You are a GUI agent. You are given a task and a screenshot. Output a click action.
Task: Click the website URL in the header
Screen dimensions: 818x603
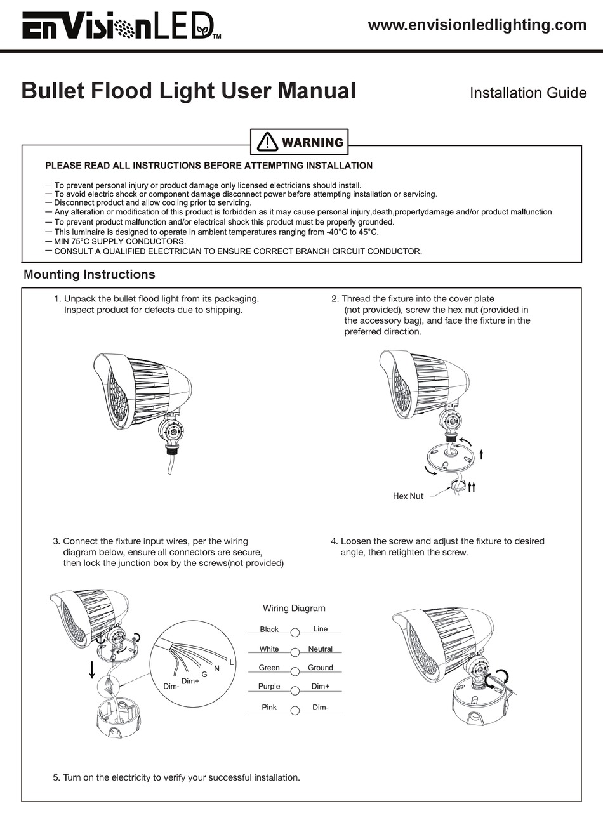point(477,25)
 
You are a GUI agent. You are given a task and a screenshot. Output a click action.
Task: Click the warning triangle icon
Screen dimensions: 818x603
point(267,142)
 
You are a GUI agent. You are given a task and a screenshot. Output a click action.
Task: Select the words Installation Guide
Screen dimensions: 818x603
point(527,93)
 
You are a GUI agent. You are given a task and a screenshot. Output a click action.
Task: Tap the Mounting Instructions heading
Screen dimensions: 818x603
point(89,275)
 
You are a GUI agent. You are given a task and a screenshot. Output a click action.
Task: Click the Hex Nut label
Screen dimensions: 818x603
point(408,496)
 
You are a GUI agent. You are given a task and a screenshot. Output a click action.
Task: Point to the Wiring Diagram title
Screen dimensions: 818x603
point(294,609)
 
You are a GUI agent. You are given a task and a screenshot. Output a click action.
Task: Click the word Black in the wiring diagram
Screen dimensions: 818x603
point(269,630)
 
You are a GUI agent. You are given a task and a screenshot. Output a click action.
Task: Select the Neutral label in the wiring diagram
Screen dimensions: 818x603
point(320,649)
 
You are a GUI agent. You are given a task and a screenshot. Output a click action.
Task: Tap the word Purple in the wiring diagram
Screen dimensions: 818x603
point(269,687)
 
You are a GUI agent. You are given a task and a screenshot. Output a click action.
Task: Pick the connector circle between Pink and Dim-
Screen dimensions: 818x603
point(295,711)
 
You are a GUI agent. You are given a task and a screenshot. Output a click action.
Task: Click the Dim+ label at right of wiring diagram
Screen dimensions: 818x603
point(320,687)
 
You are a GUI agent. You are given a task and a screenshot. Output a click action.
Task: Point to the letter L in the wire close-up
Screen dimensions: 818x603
point(232,663)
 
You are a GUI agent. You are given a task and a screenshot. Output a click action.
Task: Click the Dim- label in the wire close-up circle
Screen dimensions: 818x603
point(171,687)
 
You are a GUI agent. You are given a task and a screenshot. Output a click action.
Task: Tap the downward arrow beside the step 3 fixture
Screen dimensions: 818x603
point(93,669)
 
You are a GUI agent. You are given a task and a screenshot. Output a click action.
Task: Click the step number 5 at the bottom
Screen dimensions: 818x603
point(56,777)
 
